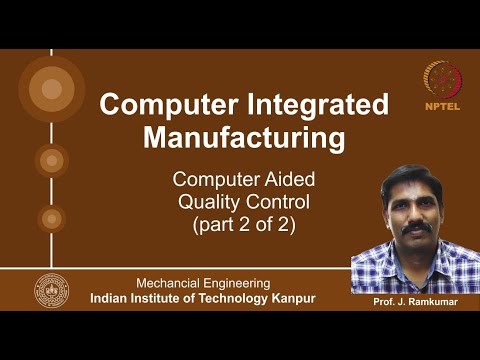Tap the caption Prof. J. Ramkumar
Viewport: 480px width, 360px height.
click(415, 301)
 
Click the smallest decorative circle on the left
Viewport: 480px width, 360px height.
click(51, 218)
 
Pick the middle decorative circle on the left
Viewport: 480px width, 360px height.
click(51, 159)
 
